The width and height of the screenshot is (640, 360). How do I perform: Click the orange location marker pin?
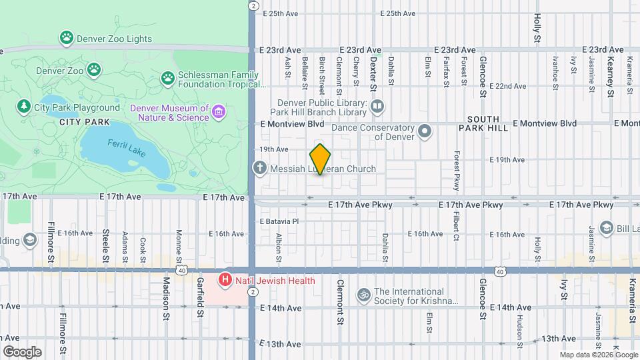[x=320, y=159]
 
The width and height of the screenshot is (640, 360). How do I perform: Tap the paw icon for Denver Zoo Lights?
[x=66, y=39]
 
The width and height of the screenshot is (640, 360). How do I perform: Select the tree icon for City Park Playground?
[x=24, y=107]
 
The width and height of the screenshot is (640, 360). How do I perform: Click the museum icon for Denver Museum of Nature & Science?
[x=219, y=112]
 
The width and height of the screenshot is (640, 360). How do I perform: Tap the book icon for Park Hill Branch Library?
[x=377, y=107]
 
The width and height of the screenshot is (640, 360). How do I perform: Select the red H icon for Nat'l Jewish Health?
[x=226, y=281]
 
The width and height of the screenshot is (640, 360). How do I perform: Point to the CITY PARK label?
[x=84, y=122]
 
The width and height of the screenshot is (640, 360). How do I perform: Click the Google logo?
[x=22, y=351]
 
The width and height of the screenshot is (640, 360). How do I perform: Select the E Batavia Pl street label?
[x=279, y=221]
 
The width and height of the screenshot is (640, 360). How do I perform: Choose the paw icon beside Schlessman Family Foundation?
[x=167, y=79]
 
